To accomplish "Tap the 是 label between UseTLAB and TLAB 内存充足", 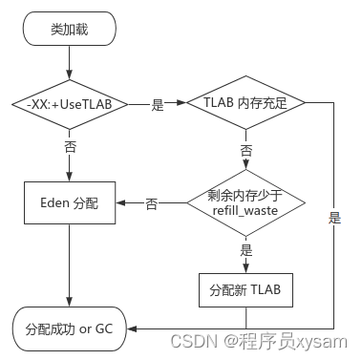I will [x=158, y=105].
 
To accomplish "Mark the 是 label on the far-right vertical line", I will [x=334, y=218].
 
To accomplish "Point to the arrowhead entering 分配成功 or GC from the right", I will [x=134, y=329].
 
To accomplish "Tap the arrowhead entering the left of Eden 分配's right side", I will [x=120, y=203].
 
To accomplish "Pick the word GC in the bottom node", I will [x=103, y=329].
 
